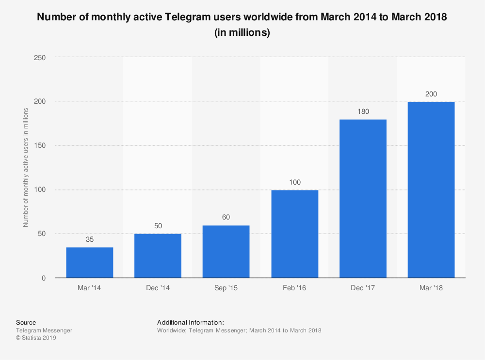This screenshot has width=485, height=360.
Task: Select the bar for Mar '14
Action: tap(90, 263)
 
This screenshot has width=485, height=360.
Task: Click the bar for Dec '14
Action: tap(158, 256)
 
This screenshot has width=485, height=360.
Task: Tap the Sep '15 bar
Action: tap(226, 251)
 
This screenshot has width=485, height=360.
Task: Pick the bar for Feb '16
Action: tap(295, 234)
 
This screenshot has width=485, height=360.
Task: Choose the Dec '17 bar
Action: tap(363, 199)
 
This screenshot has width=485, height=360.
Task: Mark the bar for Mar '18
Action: tap(431, 190)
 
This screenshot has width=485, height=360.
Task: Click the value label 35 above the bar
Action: tap(90, 239)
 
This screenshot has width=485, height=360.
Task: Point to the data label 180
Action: tap(363, 111)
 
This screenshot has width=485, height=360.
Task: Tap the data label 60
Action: tap(226, 217)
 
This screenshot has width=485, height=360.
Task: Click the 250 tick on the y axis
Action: tap(40, 58)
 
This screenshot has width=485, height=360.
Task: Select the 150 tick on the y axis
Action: tap(40, 146)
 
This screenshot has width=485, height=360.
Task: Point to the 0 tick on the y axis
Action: tap(44, 278)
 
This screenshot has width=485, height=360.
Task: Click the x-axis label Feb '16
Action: tap(295, 288)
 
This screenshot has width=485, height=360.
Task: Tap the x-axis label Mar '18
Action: tap(431, 288)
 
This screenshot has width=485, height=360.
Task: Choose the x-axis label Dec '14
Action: tap(158, 288)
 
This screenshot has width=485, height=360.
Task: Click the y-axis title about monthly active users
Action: tap(26, 168)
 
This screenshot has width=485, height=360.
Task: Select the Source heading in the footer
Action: tap(26, 322)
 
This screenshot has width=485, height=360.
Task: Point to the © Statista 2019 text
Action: tap(36, 338)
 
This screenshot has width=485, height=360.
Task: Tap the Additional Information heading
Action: tap(191, 322)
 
